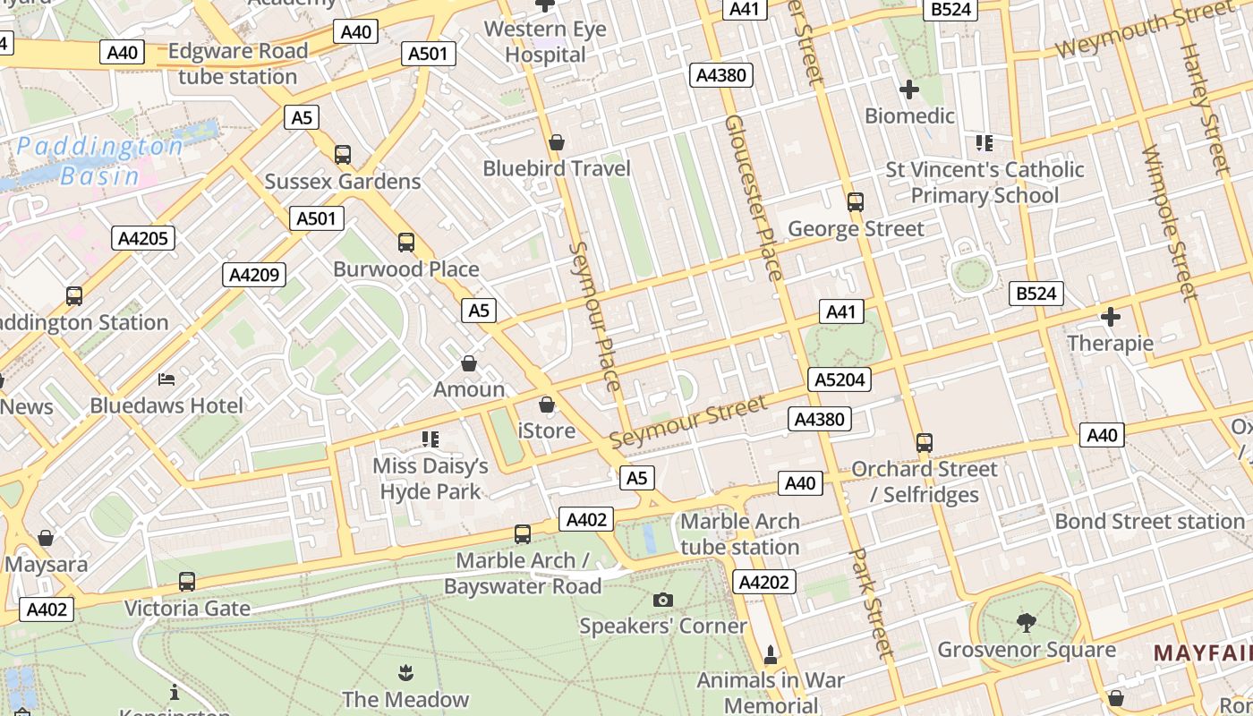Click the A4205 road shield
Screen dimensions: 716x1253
coord(143,238)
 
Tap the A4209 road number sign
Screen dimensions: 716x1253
coord(254,275)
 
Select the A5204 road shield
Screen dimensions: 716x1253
coord(840,379)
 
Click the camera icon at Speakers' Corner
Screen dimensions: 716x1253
coord(662,600)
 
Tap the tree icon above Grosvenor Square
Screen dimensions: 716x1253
coord(1027,623)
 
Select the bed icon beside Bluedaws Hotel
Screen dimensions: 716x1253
coord(166,379)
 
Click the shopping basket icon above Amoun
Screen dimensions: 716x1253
coord(468,363)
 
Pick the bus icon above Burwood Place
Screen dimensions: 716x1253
coord(406,243)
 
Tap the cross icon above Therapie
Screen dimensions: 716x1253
coord(1111,317)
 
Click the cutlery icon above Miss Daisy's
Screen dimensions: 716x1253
coord(430,439)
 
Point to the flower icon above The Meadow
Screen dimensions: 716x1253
coord(405,671)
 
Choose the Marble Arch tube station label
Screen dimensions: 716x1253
coord(739,534)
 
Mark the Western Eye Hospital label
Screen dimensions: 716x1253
coord(545,42)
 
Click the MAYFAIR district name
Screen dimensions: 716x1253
coord(1202,652)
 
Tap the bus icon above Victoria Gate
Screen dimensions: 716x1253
coord(186,582)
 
